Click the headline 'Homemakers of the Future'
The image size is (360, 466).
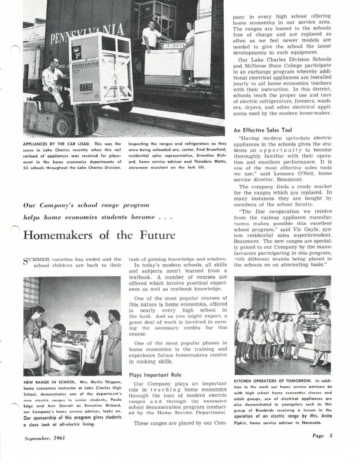[99, 235]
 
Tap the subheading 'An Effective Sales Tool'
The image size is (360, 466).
[262, 130]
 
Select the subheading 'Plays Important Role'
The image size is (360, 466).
[155, 375]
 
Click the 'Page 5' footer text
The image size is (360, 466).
[322, 436]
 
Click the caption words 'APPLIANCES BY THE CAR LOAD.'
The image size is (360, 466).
[51, 144]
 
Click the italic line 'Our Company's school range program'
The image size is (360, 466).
[86, 205]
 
